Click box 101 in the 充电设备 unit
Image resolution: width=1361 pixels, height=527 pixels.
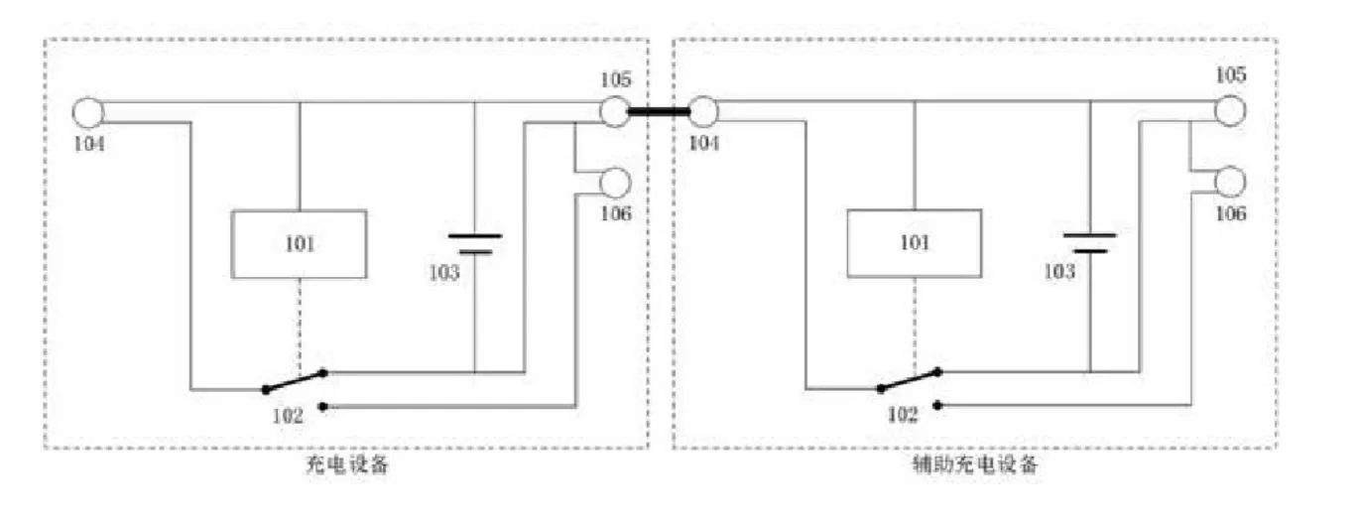pyautogui.click(x=299, y=244)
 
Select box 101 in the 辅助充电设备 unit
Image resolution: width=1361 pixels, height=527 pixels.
pyautogui.click(x=914, y=244)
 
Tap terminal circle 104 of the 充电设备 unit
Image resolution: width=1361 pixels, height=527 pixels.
pyautogui.click(x=88, y=112)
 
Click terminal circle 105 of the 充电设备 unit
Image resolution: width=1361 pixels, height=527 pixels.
pyautogui.click(x=614, y=111)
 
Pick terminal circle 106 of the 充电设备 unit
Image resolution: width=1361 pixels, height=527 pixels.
pyautogui.click(x=615, y=182)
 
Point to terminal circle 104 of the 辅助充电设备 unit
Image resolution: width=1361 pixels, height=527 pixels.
pyautogui.click(x=703, y=112)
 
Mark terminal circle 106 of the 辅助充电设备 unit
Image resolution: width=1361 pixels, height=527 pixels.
pyautogui.click(x=1230, y=182)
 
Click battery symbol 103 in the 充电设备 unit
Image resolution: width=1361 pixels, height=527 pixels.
pyautogui.click(x=475, y=243)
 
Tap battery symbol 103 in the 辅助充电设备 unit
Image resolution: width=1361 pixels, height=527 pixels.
pyautogui.click(x=1089, y=243)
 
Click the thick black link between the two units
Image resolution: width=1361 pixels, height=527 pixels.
pyautogui.click(x=659, y=112)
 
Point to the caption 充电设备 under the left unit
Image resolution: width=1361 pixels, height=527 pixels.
pyautogui.click(x=348, y=464)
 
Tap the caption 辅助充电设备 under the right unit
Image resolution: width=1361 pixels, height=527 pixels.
pyautogui.click(x=975, y=464)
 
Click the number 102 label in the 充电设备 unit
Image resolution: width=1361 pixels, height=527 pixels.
pyautogui.click(x=288, y=416)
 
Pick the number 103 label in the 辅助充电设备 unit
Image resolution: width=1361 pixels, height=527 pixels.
pyautogui.click(x=1058, y=271)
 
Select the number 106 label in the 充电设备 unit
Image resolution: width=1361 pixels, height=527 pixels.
pyautogui.click(x=616, y=214)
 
